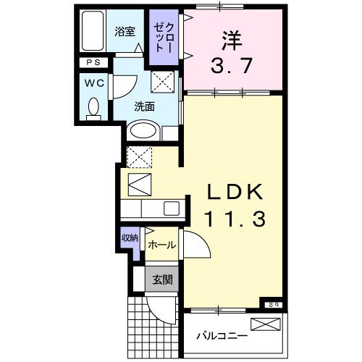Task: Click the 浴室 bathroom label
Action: point(125,31)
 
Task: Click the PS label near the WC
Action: point(94,63)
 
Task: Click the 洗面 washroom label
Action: point(144,106)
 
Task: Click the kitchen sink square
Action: point(172,209)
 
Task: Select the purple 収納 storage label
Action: point(130,237)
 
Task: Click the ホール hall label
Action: point(161,245)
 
